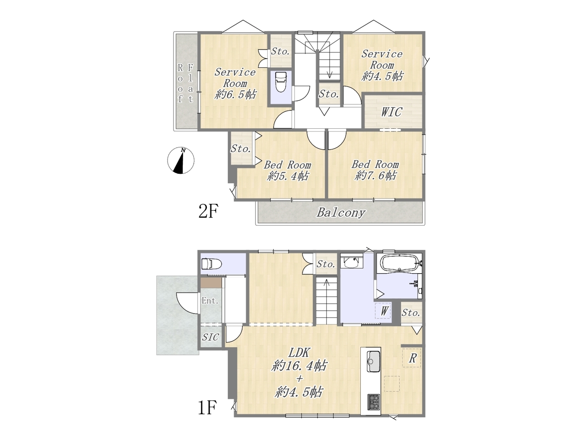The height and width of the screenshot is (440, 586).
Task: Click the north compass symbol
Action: coord(181,160)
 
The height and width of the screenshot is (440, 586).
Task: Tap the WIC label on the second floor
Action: coord(391,112)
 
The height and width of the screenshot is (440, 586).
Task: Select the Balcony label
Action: coord(341,213)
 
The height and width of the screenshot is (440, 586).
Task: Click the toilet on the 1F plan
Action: coord(212,264)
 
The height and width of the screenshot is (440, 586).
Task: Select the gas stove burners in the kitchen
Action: coord(373,402)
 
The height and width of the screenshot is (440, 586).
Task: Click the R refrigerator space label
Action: coord(412,358)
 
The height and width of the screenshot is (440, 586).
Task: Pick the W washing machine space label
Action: coord(384,311)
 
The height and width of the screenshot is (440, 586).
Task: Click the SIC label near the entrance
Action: coord(211,337)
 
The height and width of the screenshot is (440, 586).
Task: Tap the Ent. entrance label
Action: coord(210,301)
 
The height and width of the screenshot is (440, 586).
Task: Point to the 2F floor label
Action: coord(208,211)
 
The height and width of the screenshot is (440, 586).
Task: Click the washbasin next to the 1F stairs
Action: coord(352,262)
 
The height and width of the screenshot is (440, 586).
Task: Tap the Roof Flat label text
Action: coord(185,83)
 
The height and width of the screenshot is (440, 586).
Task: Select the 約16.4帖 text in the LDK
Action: coord(299,365)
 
